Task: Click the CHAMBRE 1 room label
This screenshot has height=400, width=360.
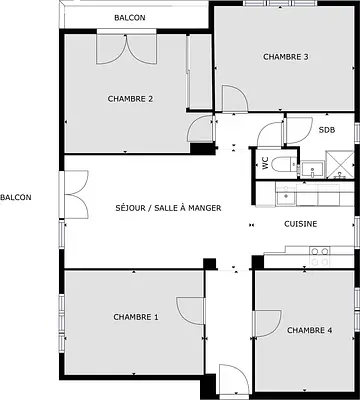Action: click(136, 317)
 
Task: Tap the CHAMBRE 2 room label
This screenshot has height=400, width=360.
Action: click(130, 99)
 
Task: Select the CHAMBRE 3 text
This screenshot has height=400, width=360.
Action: click(286, 57)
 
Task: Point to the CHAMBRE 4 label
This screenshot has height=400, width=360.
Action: click(309, 330)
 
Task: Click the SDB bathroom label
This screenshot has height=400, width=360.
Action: click(327, 130)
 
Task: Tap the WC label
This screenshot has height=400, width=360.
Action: click(266, 163)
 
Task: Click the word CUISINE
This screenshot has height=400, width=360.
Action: click(300, 224)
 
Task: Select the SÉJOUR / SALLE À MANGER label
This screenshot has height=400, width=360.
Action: click(168, 208)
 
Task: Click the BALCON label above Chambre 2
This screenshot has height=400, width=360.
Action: click(130, 18)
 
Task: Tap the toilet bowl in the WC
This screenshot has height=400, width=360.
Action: click(284, 164)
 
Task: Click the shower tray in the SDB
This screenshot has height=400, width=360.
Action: click(340, 164)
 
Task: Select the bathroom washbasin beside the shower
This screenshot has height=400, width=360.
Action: click(312, 170)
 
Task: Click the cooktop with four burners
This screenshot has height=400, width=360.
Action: click(320, 257)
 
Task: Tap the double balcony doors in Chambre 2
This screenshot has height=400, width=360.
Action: click(126, 49)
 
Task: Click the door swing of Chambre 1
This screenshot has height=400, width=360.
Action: click(190, 310)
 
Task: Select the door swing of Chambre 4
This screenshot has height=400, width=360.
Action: click(267, 324)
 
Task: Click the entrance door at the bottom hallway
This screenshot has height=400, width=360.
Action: click(234, 379)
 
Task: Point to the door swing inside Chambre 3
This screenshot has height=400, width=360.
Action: click(235, 99)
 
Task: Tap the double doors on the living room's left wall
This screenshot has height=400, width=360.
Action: click(76, 195)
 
